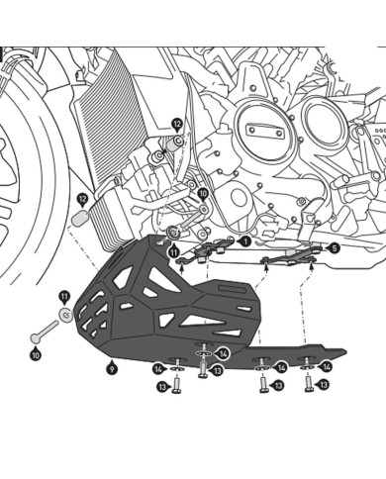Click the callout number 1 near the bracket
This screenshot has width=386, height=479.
244,240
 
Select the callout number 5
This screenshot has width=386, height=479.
333,249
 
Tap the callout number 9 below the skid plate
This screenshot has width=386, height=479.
113,367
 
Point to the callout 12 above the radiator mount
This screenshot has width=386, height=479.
177,125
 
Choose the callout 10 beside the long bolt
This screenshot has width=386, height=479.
36,353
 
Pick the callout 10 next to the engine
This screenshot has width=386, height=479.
203,195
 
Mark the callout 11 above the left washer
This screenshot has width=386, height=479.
64,296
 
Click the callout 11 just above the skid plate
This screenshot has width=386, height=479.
173,252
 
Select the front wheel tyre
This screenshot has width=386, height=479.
25,178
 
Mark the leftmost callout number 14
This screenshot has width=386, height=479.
157,368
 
